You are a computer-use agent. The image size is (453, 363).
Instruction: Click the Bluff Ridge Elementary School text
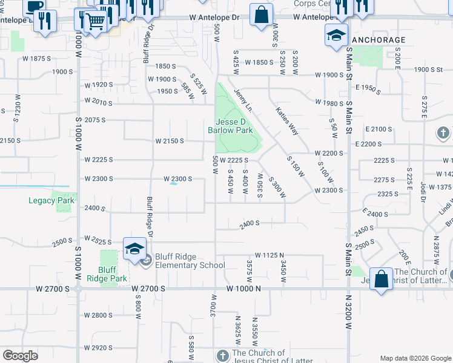tap(190, 261)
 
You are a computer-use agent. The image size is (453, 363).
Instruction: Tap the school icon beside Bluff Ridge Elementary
tap(134, 249)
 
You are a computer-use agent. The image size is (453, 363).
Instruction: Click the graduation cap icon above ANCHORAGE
tap(336, 34)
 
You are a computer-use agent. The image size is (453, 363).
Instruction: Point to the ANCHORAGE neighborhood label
tap(379, 40)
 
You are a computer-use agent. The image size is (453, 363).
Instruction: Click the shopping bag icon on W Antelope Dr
tap(260, 15)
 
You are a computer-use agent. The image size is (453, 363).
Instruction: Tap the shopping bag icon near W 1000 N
tap(381, 280)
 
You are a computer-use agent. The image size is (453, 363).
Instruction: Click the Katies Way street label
tap(287, 121)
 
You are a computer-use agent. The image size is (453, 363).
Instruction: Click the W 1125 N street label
tap(270, 255)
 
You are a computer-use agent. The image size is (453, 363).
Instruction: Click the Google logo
tap(21, 356)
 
